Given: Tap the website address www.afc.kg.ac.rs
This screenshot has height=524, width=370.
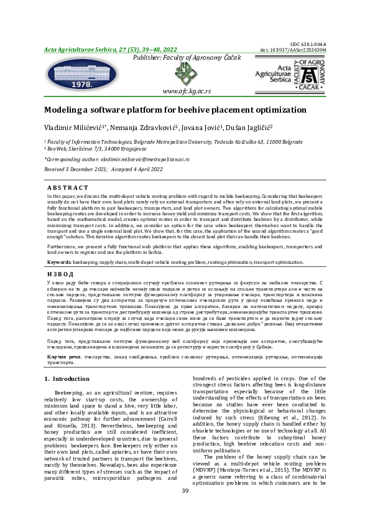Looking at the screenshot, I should tap(186, 90).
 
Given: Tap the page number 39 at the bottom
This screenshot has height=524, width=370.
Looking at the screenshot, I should tap(185, 509).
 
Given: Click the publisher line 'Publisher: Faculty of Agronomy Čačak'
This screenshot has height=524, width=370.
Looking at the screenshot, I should tap(185, 58).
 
